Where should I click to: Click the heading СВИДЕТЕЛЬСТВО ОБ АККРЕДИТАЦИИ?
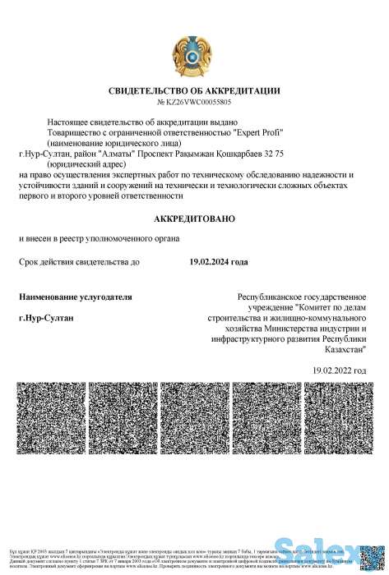click(x=194, y=90)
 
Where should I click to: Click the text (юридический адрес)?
click(x=83, y=163)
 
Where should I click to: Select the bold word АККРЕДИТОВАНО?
click(x=194, y=218)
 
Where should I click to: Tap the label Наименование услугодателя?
click(x=75, y=296)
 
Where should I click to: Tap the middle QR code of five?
click(x=194, y=417)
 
